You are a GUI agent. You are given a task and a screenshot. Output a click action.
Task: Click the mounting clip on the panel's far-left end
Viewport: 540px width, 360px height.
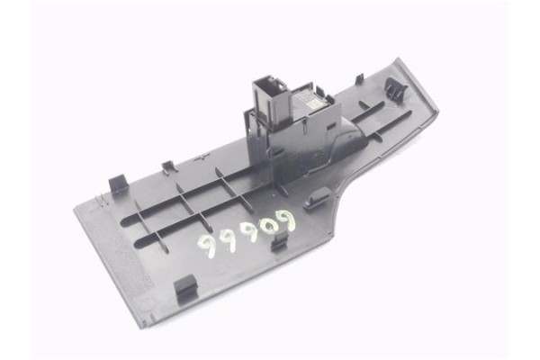[118, 184]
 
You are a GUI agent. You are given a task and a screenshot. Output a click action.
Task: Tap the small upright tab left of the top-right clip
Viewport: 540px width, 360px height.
[360, 79]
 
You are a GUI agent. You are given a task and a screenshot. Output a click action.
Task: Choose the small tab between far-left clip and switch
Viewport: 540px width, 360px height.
[168, 166]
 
